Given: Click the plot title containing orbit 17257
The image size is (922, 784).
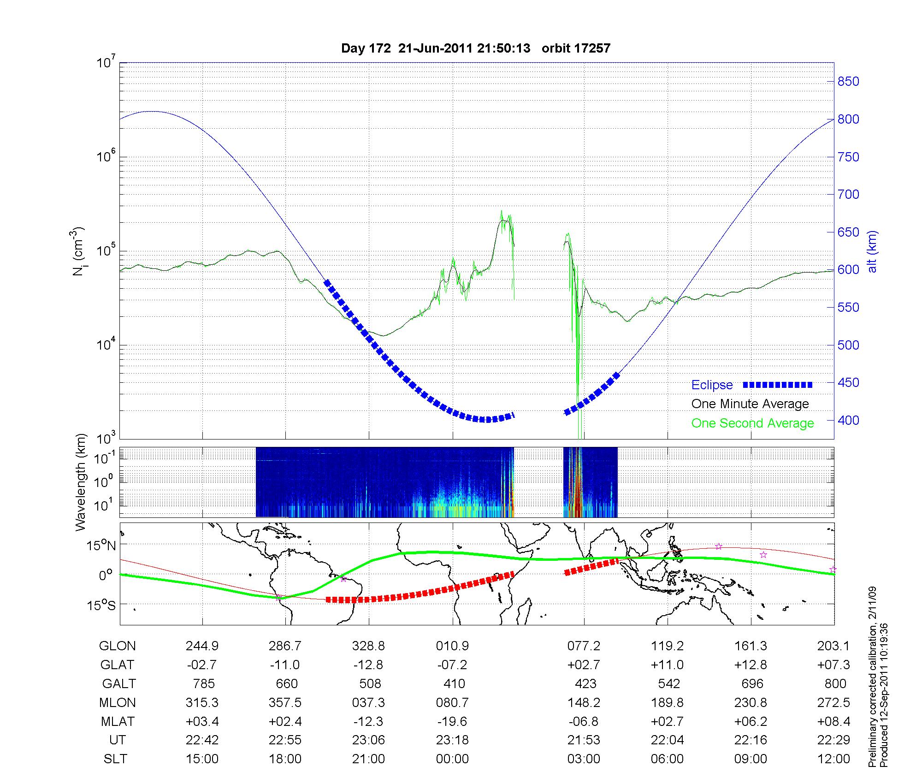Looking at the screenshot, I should tap(475, 48).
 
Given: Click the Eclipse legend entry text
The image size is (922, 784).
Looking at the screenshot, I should tap(712, 385).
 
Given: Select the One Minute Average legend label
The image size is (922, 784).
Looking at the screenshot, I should tap(750, 404).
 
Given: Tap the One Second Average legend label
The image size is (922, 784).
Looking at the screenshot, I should tap(752, 423).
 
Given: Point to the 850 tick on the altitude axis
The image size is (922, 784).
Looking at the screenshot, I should tap(848, 82).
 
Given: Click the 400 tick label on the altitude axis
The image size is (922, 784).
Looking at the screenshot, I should tap(848, 421).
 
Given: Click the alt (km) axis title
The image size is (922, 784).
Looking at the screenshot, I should tap(873, 251).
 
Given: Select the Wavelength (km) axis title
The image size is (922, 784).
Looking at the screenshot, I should tap(81, 482).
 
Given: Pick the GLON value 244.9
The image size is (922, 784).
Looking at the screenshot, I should tap(202, 646).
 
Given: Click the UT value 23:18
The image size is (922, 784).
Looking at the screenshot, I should tap(452, 740).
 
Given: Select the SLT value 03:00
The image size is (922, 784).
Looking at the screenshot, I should tap(584, 759).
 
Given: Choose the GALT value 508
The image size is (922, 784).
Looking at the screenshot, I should tap(370, 683).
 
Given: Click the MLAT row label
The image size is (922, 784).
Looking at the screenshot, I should tap(118, 721).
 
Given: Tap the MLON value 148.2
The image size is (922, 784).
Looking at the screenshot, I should tap(584, 703).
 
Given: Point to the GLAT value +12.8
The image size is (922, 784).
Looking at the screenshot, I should tap(751, 665).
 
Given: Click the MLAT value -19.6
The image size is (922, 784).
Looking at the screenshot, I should tap(452, 721).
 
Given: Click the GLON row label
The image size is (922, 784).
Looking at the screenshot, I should tap(118, 646).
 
